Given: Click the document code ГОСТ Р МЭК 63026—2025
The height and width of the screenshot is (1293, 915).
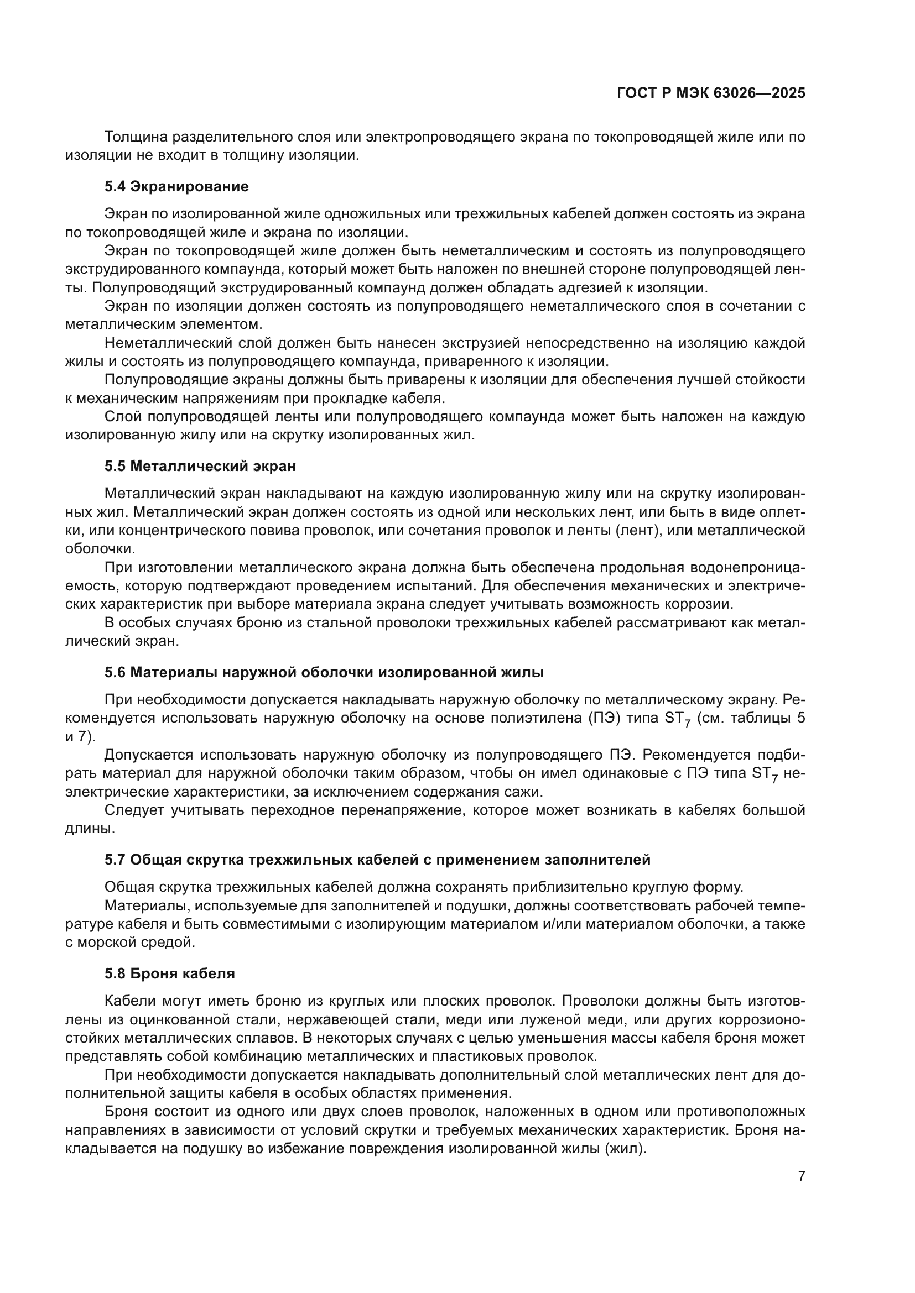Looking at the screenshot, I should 711,93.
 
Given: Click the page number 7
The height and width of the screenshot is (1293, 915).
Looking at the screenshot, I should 801,1176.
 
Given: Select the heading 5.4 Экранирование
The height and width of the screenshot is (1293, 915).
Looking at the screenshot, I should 176,186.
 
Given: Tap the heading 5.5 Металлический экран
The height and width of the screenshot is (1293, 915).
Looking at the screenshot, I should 200,467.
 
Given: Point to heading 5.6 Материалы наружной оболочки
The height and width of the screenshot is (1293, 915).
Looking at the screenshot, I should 324,672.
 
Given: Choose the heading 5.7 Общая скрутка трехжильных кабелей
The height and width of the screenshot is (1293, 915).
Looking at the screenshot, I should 377,860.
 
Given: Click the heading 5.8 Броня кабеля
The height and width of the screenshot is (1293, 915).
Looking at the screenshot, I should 170,973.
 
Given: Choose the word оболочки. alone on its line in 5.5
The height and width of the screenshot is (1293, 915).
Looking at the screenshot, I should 100,548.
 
